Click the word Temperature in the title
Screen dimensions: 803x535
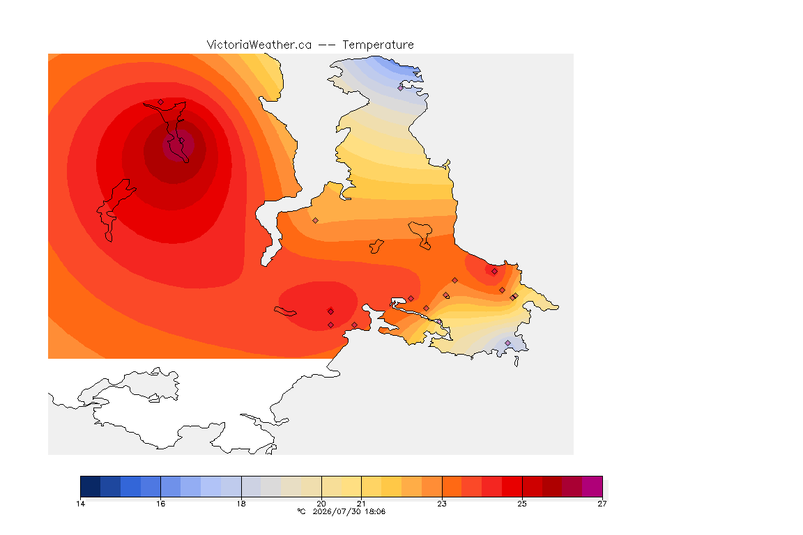378,45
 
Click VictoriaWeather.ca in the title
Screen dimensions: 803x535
259,45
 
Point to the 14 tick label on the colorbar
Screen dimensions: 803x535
80,504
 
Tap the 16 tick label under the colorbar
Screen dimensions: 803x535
161,504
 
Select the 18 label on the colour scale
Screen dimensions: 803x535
241,504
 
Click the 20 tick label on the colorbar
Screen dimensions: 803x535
321,504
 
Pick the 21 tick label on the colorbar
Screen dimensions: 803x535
362,504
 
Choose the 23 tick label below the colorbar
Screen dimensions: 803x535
442,504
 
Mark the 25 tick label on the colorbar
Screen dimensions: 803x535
522,504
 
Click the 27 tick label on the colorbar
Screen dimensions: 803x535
602,504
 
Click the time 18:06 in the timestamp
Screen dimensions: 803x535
375,511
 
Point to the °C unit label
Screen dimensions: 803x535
302,511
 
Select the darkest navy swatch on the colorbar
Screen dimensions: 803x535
91,486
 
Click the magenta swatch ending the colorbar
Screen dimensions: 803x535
592,486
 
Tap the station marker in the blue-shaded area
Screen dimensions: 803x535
401,88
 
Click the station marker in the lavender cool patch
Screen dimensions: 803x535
507,343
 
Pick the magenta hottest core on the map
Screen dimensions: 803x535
178,146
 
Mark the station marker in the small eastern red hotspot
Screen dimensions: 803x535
494,272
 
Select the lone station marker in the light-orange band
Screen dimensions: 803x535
316,221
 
